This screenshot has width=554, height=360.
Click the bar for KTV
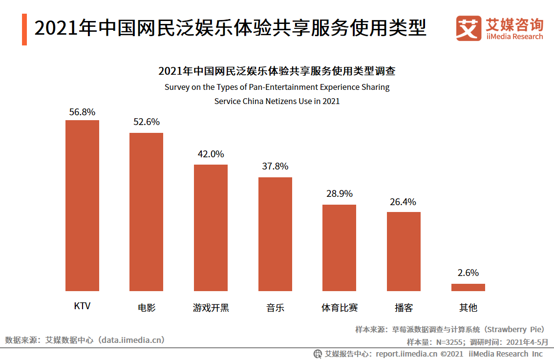click(82, 206)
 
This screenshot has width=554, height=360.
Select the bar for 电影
click(146, 212)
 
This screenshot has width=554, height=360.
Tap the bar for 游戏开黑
click(211, 228)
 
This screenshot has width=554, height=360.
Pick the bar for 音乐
click(275, 234)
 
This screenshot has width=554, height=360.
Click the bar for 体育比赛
click(339, 248)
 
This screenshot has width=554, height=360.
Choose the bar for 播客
click(404, 252)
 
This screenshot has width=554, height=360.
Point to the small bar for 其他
click(468, 288)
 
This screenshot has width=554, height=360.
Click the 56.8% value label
click(82, 112)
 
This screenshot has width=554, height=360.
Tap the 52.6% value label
click(147, 122)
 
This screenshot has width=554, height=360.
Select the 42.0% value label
click(211, 154)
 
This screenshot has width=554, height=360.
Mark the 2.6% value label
click(468, 273)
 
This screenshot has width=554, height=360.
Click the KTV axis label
click(82, 306)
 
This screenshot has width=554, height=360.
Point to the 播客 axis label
click(404, 308)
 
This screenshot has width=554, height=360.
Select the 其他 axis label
click(468, 308)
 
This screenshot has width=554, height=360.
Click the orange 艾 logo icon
click(468, 28)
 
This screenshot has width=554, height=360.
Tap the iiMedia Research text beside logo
click(514, 37)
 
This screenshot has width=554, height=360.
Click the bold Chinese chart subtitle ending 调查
click(277, 71)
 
